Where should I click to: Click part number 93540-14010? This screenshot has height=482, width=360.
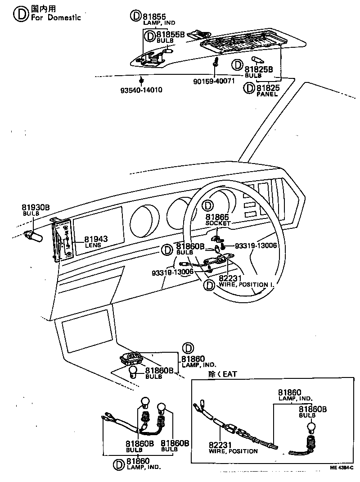(x=141, y=90)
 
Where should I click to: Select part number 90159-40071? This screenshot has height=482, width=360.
(x=214, y=81)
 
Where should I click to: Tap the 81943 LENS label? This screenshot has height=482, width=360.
(x=96, y=241)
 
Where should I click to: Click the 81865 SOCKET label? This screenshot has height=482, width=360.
(x=217, y=220)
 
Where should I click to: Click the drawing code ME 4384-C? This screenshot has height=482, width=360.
(x=341, y=468)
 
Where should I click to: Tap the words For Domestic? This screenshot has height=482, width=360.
(x=56, y=17)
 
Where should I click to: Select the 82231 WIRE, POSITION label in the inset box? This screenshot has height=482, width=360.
(x=233, y=448)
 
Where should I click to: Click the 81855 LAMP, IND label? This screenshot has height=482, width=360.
(x=159, y=19)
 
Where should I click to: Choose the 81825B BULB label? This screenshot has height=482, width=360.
(x=258, y=72)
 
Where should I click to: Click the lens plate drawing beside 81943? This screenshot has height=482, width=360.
(x=62, y=240)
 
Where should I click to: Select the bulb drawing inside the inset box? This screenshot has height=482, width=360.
(x=312, y=428)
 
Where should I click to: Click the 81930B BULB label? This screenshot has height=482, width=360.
(x=35, y=210)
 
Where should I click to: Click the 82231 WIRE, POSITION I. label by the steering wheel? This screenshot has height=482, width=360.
(x=246, y=281)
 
